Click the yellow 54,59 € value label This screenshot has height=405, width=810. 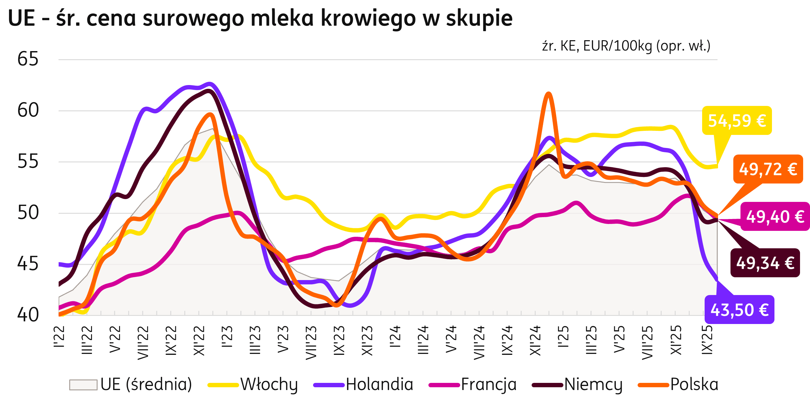737,121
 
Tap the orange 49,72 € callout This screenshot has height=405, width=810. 768,169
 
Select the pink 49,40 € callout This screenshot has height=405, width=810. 775,217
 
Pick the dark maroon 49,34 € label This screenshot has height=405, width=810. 765,263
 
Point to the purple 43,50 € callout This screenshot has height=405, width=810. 739,310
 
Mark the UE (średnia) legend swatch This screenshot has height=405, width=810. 83,384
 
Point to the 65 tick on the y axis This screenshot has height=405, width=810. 28,59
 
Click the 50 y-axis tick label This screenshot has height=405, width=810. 28,213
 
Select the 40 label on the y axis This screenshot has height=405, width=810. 28,315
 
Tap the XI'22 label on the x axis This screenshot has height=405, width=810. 199,341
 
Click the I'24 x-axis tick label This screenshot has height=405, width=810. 395,336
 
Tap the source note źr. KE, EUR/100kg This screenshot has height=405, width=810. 626,46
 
